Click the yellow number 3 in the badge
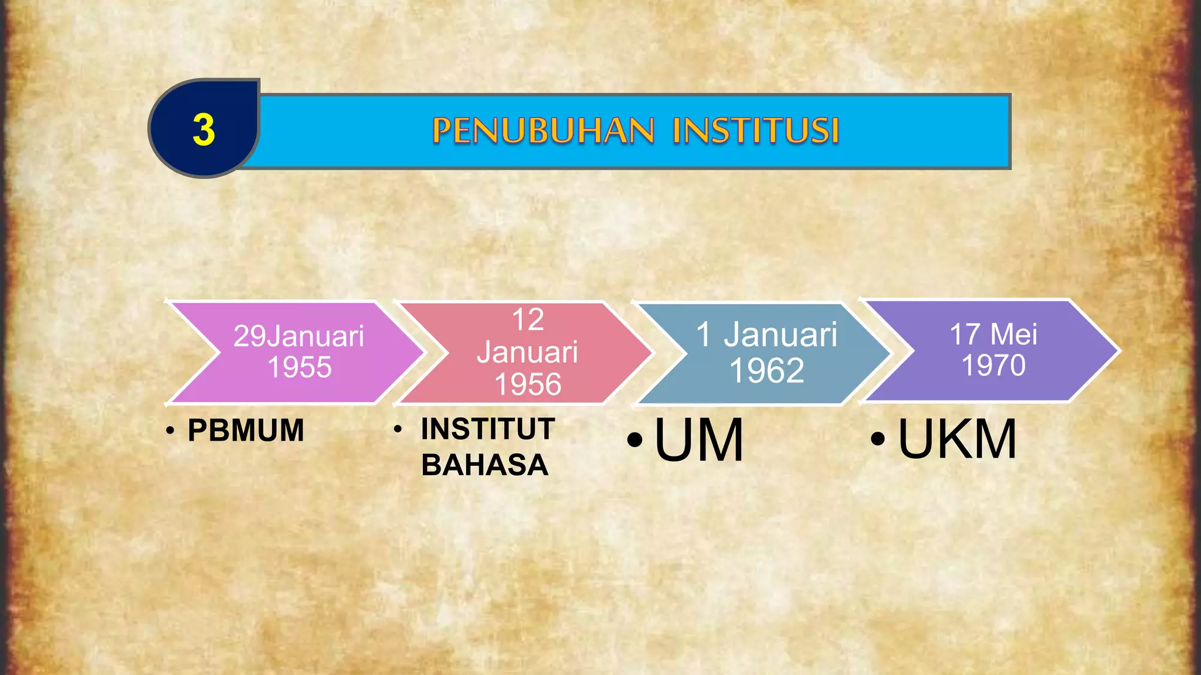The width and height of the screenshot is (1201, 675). tap(203, 129)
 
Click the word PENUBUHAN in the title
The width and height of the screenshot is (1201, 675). tap(543, 130)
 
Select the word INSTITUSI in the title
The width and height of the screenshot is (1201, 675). tap(756, 130)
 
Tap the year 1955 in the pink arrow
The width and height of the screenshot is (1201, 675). tap(300, 367)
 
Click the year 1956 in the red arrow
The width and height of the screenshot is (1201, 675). tap(528, 384)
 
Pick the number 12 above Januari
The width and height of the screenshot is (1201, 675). tap(528, 320)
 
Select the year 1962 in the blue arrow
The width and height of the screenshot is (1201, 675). tap(766, 370)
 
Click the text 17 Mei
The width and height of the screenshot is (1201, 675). tap(993, 335)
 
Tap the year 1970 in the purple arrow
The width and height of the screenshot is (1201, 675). tap(993, 365)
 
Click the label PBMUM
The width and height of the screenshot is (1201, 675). tap(246, 431)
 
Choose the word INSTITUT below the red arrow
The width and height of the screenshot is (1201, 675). tap(488, 429)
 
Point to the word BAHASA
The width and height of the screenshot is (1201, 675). tap(485, 465)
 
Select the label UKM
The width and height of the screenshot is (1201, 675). tap(957, 439)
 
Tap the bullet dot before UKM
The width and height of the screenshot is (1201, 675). tap(877, 439)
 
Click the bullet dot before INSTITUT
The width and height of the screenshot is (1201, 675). tap(398, 429)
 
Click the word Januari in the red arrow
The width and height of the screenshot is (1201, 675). tap(528, 352)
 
